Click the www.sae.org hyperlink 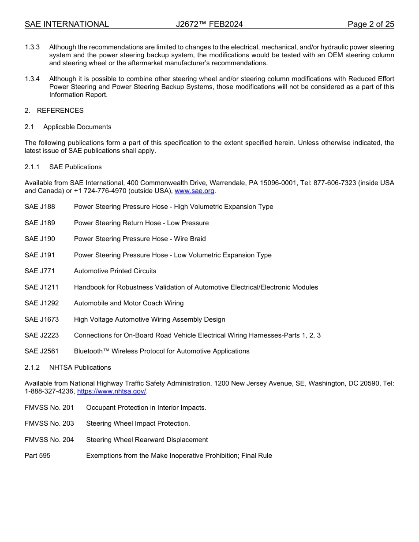(195, 191)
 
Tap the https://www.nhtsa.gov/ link (112, 391)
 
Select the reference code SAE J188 (40, 207)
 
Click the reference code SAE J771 (40, 271)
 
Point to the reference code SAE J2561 (41, 351)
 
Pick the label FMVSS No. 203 (49, 423)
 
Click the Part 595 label (37, 456)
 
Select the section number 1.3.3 (32, 47)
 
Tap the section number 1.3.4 (32, 79)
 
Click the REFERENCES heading (60, 111)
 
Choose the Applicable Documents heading (77, 127)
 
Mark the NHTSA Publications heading (80, 368)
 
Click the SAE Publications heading (75, 167)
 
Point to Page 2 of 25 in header (370, 24)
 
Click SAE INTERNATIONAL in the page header (67, 24)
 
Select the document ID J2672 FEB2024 (209, 24)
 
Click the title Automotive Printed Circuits (115, 271)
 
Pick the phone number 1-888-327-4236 (50, 391)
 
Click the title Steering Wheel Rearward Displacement (147, 440)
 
